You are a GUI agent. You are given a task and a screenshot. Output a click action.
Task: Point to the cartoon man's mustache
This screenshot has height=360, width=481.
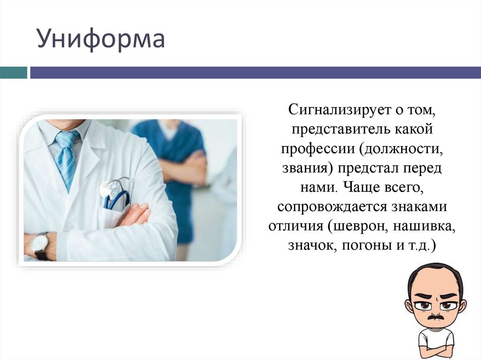point(436,317)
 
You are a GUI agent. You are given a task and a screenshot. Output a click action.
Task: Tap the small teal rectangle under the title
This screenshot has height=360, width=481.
point(13,73)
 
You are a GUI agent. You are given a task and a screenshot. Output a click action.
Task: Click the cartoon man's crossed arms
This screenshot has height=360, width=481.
point(436,351)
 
